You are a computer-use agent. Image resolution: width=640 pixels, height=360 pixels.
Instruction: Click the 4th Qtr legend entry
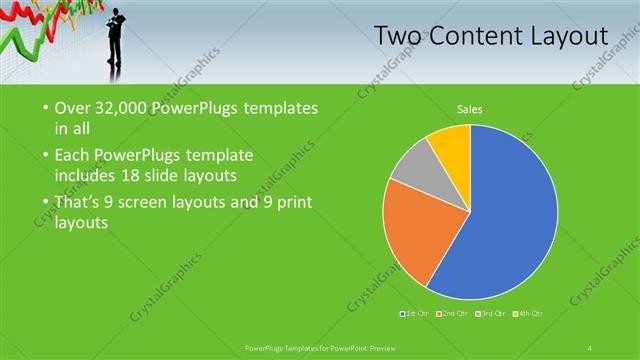529,314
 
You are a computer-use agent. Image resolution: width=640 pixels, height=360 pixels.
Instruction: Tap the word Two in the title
398,36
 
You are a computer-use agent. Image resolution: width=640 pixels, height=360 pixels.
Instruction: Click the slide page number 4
590,347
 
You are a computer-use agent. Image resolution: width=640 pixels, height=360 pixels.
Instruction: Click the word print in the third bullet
291,203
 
